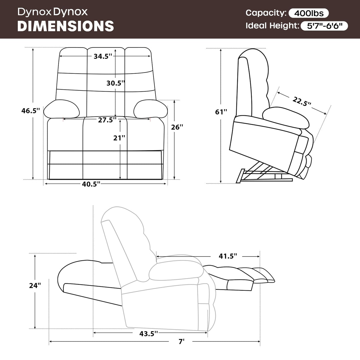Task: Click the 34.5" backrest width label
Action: pyautogui.click(x=103, y=56)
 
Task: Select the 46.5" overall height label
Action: pyautogui.click(x=31, y=111)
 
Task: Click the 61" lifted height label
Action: pyautogui.click(x=221, y=112)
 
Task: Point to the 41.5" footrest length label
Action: pyautogui.click(x=228, y=256)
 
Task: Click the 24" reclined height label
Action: pyautogui.click(x=35, y=285)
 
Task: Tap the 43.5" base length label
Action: pyautogui.click(x=149, y=334)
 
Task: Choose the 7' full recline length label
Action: pyautogui.click(x=181, y=342)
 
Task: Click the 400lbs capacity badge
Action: pyautogui.click(x=308, y=13)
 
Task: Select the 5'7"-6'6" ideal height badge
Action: pyautogui.click(x=324, y=26)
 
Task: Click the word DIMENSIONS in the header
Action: pyautogui.click(x=66, y=26)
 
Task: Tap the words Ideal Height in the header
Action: pyautogui.click(x=272, y=26)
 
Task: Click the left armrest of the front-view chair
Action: pyautogui.click(x=62, y=109)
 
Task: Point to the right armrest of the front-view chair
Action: pyautogui.click(x=151, y=109)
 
